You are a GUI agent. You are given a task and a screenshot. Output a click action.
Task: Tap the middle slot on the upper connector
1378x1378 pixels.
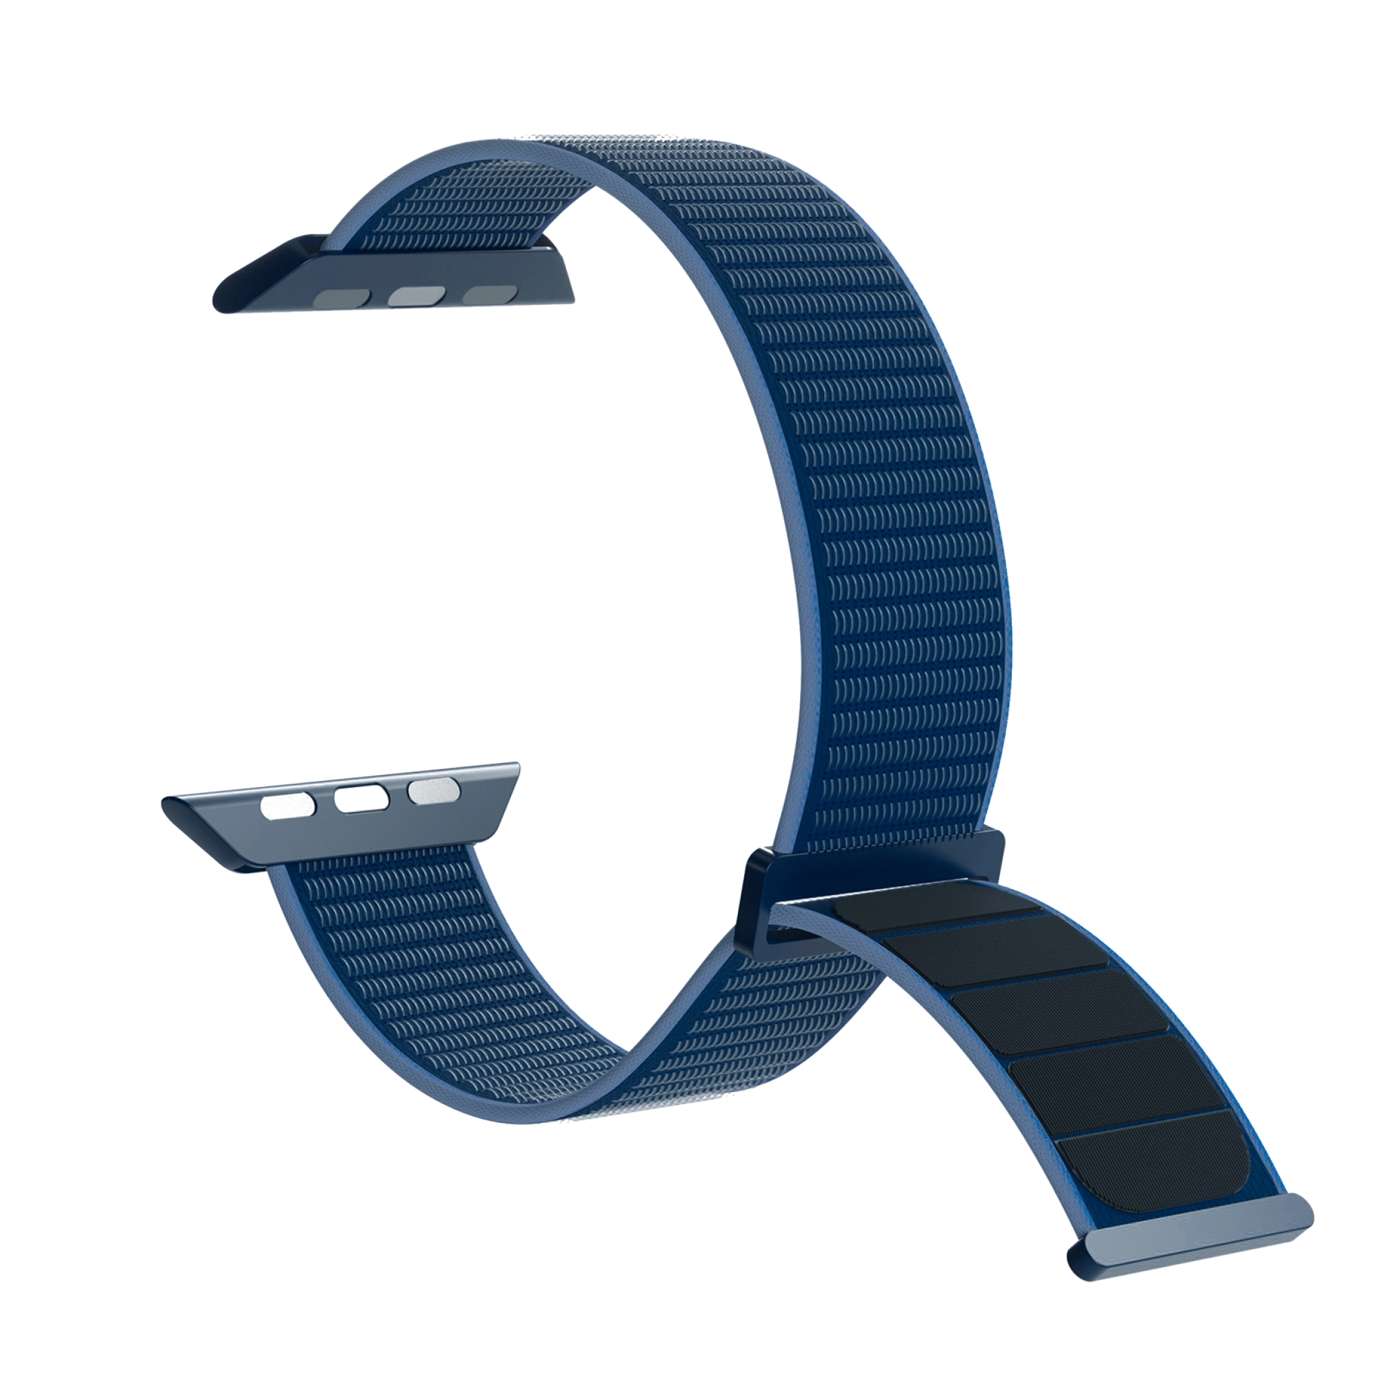point(416,295)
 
